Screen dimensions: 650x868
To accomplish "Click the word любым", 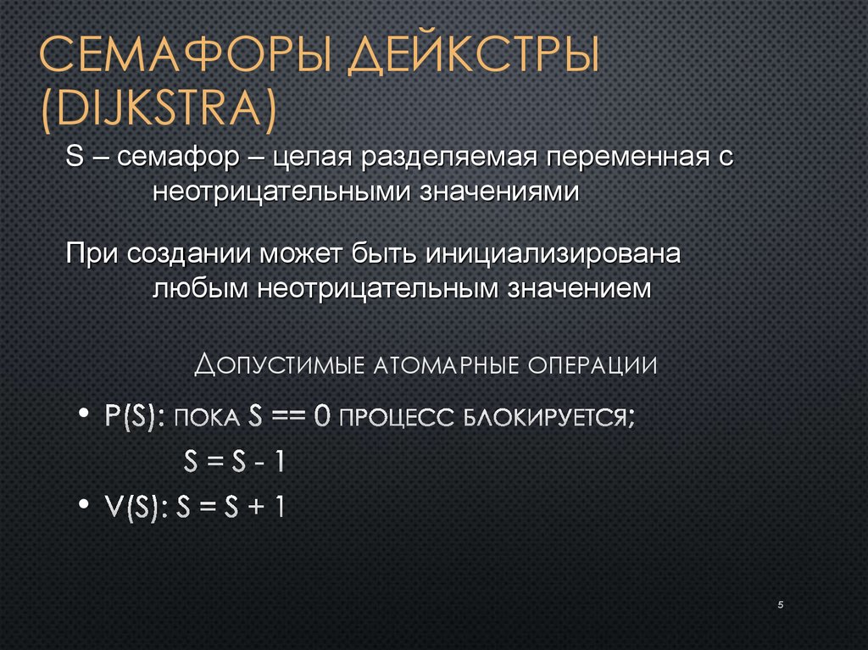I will pos(199,288).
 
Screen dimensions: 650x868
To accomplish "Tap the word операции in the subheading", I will pos(593,366).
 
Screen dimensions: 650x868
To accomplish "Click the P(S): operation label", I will pos(136,417).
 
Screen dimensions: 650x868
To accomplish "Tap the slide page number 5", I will pos(779,603).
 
